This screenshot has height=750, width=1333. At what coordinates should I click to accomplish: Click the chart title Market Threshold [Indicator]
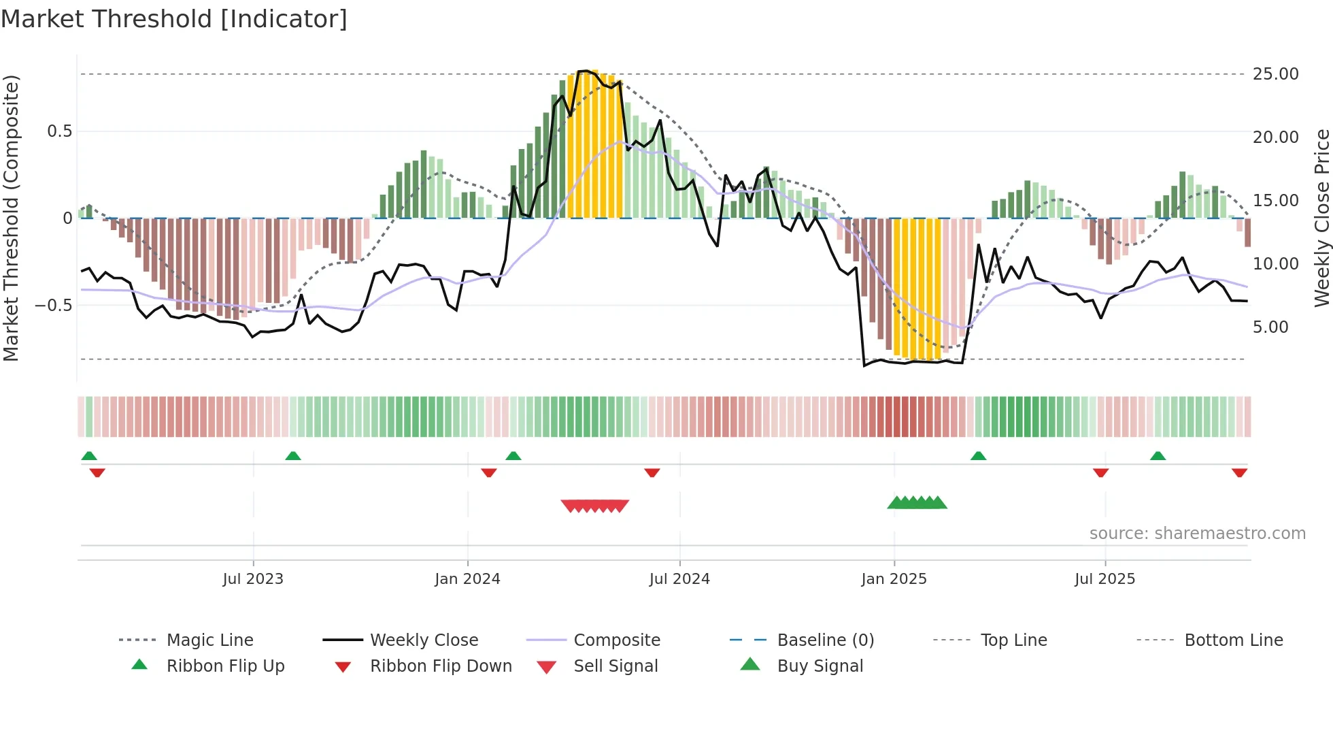(x=174, y=19)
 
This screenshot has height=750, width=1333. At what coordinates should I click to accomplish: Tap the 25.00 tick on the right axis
(x=1275, y=74)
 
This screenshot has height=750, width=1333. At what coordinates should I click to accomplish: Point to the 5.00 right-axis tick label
(x=1270, y=327)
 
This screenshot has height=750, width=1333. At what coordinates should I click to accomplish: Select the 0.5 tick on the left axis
(x=60, y=131)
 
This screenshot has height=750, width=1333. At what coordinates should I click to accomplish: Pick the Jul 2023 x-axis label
(x=253, y=579)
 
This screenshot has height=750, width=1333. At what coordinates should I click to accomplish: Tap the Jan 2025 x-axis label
(x=894, y=579)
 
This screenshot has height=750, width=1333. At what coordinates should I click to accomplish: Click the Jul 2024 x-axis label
(x=679, y=579)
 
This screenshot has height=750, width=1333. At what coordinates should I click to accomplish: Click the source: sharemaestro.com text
(x=1197, y=534)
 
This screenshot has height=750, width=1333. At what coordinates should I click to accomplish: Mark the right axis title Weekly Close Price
(x=1321, y=218)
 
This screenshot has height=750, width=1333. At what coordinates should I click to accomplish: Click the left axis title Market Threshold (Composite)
(x=11, y=218)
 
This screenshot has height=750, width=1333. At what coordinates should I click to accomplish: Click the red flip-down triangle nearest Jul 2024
(x=652, y=472)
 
